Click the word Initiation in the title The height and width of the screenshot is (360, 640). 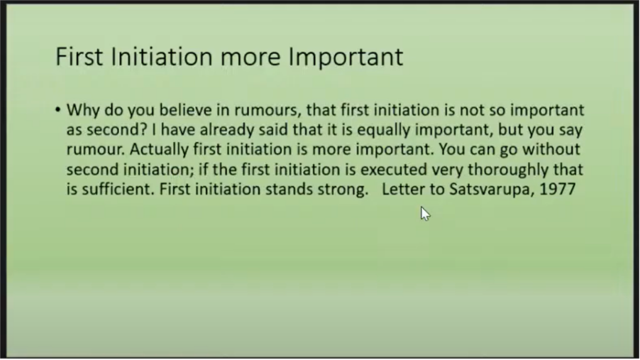tap(162, 56)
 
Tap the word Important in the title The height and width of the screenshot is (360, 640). tap(346, 56)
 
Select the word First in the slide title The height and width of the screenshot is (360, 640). tap(79, 56)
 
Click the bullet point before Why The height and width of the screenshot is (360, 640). tap(57, 109)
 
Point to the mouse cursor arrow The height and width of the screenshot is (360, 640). tap(425, 214)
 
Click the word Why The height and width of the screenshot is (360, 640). tap(83, 110)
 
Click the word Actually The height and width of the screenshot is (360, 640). tap(159, 149)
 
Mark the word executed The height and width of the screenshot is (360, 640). tap(394, 169)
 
